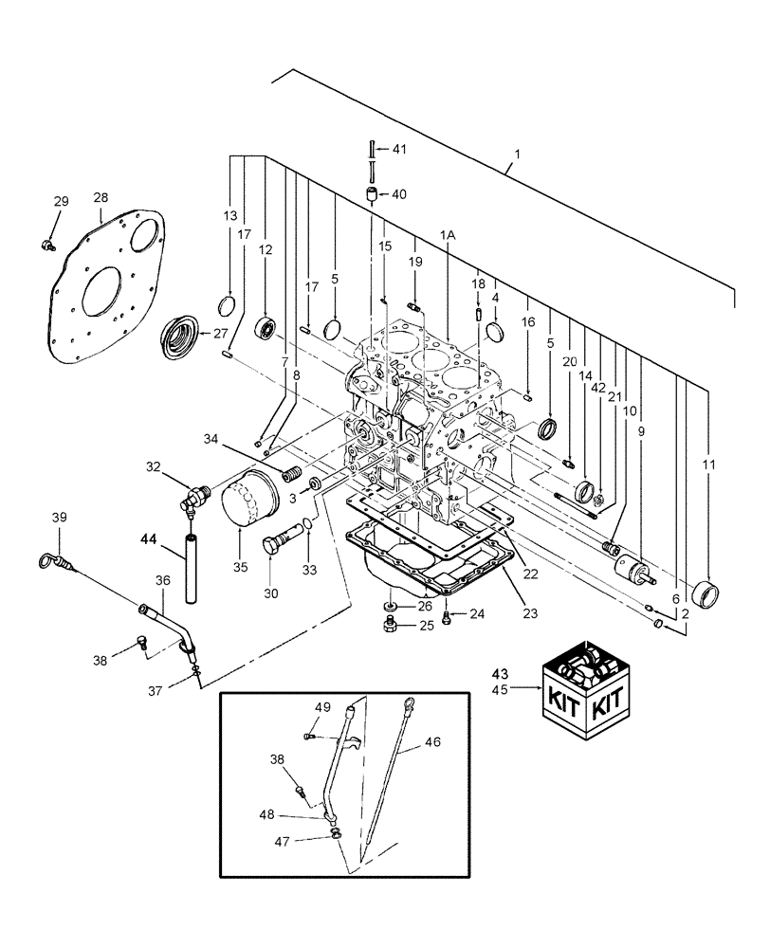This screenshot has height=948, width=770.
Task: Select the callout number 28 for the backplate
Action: [101, 198]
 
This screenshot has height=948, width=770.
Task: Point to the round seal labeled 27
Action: [180, 337]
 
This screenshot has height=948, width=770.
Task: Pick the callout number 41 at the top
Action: [398, 149]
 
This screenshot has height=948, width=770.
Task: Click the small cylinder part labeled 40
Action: [372, 195]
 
